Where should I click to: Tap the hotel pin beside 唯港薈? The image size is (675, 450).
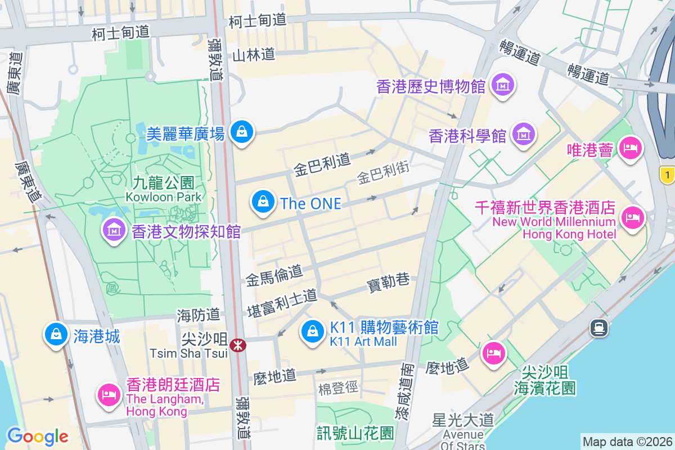click(x=629, y=148)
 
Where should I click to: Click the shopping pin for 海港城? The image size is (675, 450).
click(x=56, y=335)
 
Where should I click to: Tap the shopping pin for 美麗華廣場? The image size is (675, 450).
click(x=242, y=132)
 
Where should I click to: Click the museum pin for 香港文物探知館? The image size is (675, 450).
click(x=114, y=229)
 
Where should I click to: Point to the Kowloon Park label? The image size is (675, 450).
click(x=163, y=190)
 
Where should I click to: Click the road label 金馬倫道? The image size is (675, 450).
click(x=274, y=276)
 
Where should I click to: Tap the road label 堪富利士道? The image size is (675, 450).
click(x=282, y=303)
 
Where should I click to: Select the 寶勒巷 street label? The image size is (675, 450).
click(x=388, y=282)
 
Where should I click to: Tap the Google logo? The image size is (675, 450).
click(x=38, y=436)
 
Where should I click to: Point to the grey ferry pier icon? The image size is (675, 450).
click(x=598, y=327)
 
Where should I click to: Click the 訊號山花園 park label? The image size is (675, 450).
click(x=355, y=433)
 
